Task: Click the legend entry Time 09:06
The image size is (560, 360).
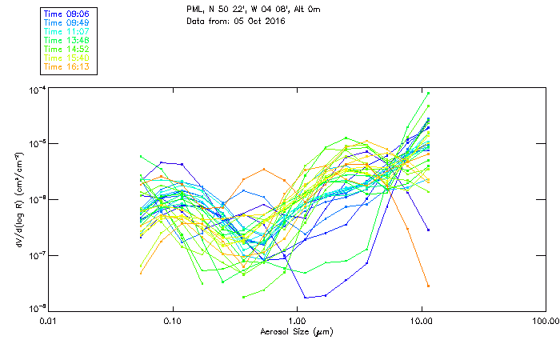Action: coord(67,13)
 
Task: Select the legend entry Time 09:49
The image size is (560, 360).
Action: coord(67,22)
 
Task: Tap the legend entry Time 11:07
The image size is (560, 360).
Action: coord(67,30)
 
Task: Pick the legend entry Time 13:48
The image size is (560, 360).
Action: coord(67,39)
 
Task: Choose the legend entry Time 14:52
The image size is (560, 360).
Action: coord(67,48)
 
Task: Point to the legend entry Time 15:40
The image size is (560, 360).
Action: coord(67,58)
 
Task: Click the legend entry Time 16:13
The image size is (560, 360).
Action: coord(67,66)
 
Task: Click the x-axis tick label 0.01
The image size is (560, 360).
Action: coord(49,321)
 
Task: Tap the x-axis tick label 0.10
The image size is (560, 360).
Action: coord(173,321)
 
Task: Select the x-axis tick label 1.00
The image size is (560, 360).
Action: coord(298,321)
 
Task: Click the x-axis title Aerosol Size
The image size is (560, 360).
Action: coord(296,331)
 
